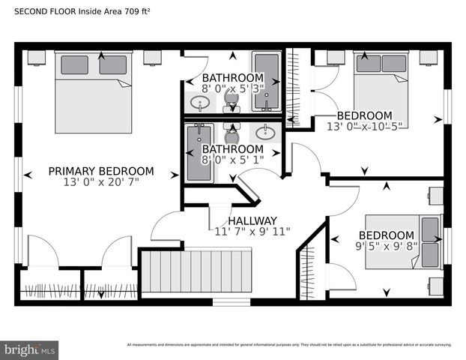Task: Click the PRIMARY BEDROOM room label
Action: (x=101, y=171)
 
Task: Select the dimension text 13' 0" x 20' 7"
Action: (x=101, y=182)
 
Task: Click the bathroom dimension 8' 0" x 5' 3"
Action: (x=232, y=88)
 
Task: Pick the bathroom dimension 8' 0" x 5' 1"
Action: (x=232, y=159)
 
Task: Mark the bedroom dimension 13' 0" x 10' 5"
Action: (x=364, y=127)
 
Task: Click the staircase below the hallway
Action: (x=199, y=271)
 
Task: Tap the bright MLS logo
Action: (x=30, y=349)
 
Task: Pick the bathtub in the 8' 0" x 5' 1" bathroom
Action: (x=199, y=152)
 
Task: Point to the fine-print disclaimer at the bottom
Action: (x=289, y=345)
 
